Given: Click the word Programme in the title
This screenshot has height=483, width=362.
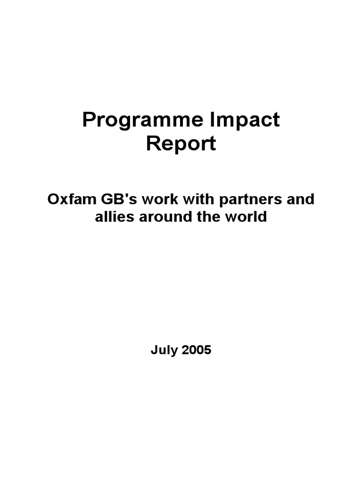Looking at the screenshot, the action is [x=143, y=121].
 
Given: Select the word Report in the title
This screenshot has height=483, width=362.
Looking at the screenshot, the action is [x=181, y=144].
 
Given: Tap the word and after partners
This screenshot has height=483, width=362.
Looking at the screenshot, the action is [x=301, y=199].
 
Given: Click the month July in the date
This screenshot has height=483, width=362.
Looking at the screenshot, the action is [x=164, y=350].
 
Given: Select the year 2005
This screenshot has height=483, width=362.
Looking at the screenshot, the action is [x=197, y=350].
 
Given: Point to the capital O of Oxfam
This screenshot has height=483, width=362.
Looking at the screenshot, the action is [x=53, y=200].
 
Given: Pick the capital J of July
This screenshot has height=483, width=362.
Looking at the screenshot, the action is [x=154, y=350].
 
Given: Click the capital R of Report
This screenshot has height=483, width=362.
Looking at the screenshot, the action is [x=153, y=143].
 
